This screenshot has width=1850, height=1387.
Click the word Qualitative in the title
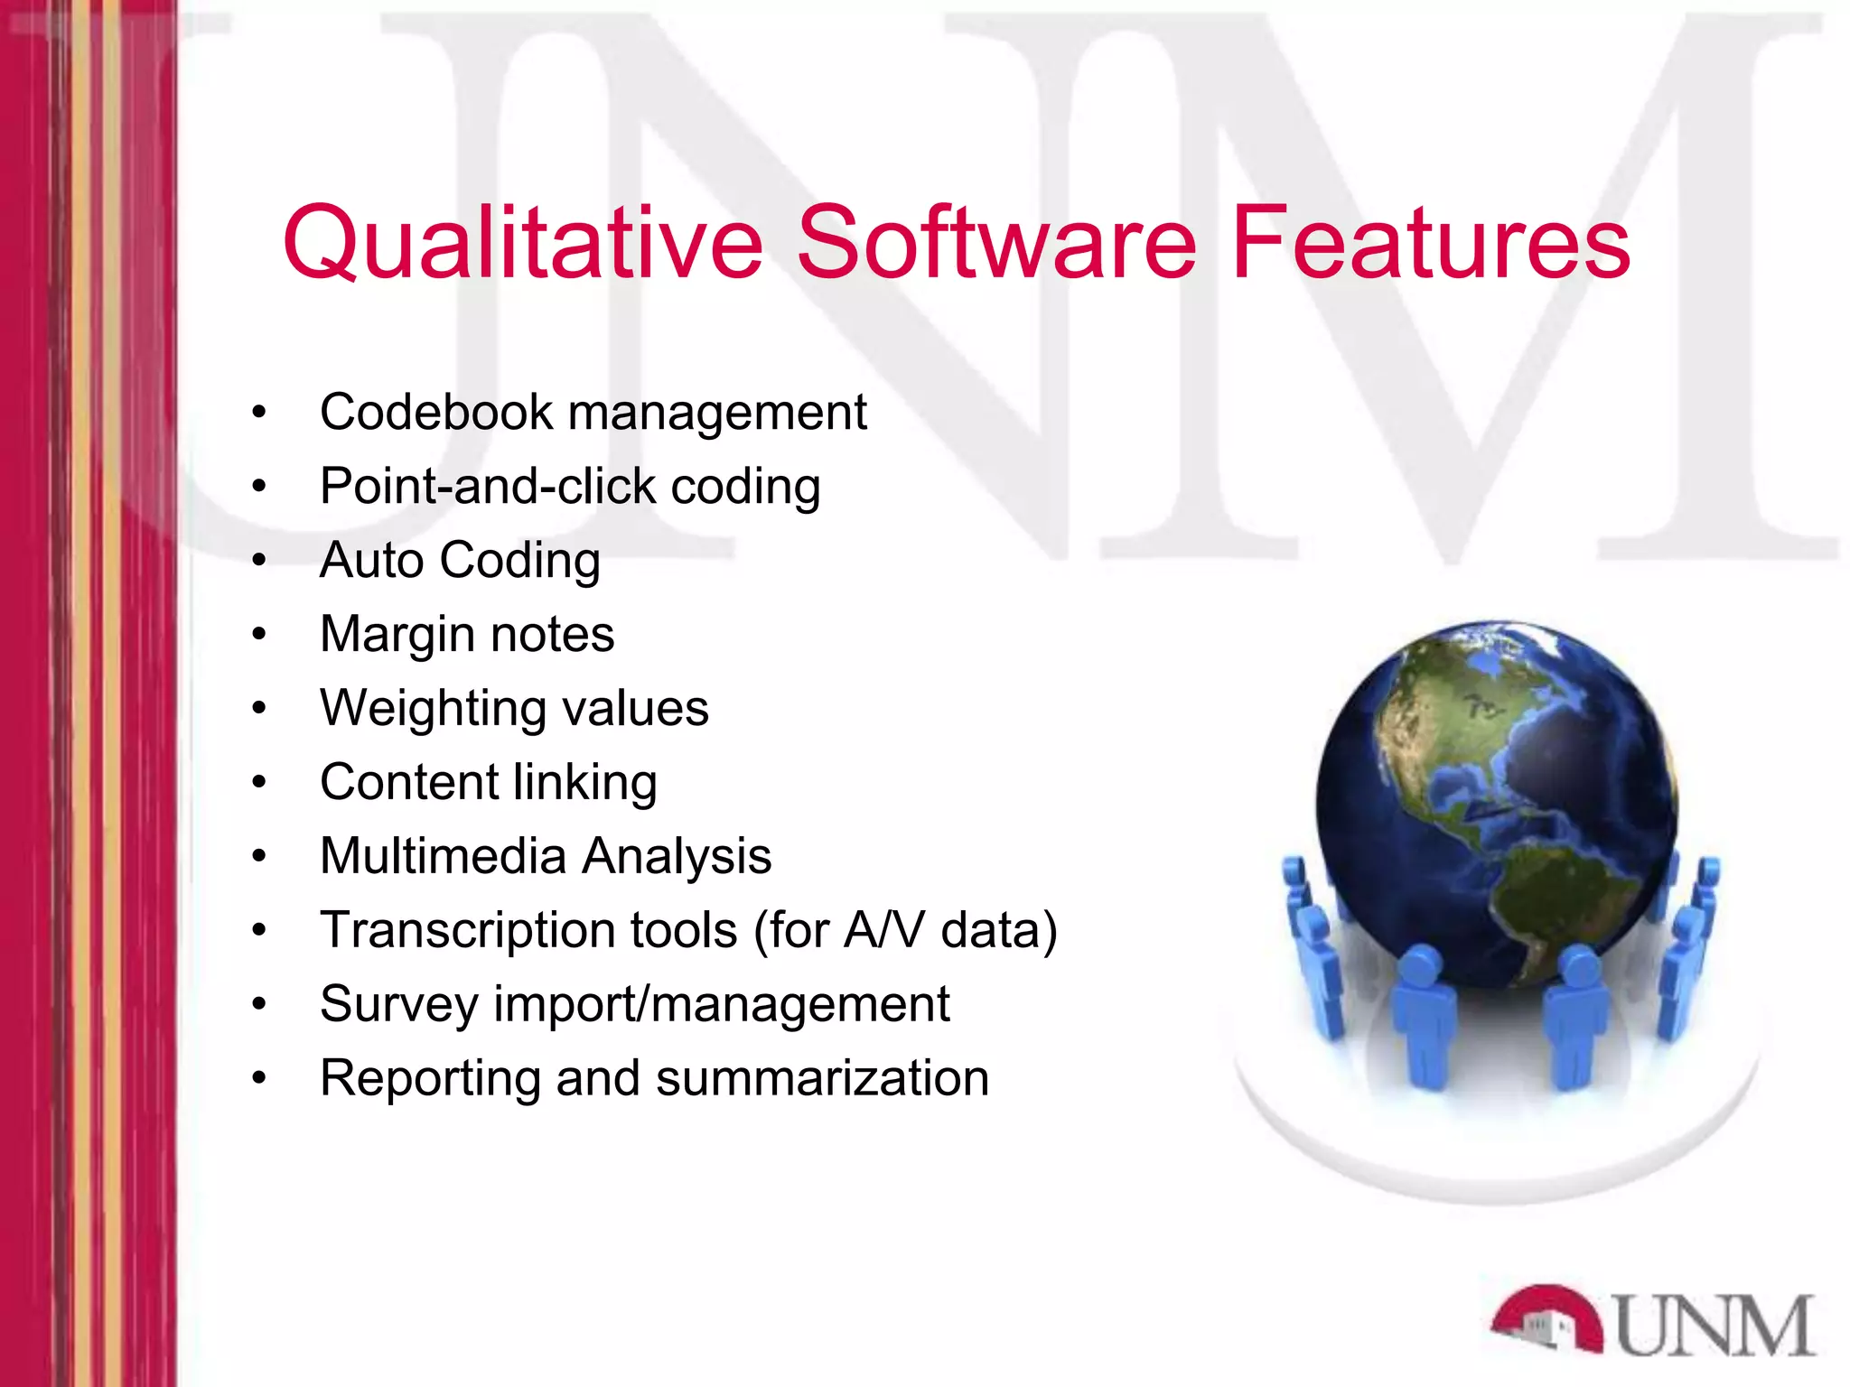coord(523,242)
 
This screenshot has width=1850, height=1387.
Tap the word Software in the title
coord(995,242)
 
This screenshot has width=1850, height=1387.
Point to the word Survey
coord(398,1004)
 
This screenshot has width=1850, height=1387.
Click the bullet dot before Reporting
coord(260,1078)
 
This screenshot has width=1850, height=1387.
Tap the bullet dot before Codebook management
coord(260,413)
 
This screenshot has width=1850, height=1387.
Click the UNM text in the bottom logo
coord(1714,1326)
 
